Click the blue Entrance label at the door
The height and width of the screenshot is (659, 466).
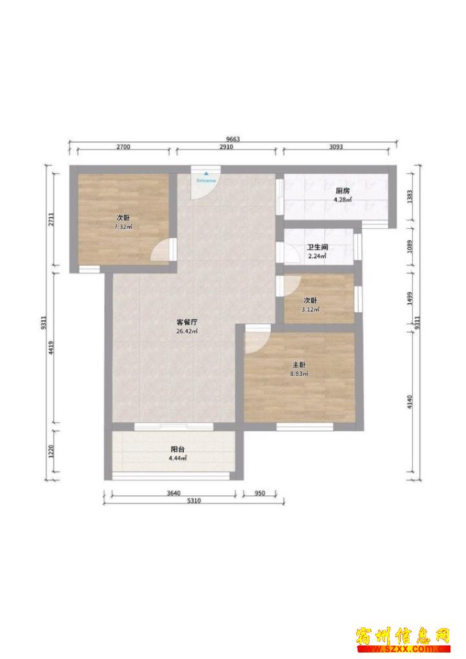coord(206,180)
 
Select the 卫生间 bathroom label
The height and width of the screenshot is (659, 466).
coord(317,247)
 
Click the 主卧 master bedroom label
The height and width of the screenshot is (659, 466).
coord(299,365)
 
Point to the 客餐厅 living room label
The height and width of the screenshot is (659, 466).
coord(187,322)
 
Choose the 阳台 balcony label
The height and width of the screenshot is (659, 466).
coord(177,449)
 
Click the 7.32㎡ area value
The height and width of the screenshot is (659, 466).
coord(124,227)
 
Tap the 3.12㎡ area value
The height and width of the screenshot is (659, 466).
coord(311,310)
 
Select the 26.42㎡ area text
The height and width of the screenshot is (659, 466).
coord(187,331)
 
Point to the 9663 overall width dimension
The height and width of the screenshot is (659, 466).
coord(232,139)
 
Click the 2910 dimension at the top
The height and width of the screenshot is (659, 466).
coord(227,147)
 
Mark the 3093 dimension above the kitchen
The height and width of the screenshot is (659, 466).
coord(336,147)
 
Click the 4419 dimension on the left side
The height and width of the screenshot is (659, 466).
coord(51,348)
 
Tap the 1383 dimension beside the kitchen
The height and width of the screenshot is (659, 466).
coord(410,197)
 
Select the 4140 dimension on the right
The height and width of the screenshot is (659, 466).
coord(410,402)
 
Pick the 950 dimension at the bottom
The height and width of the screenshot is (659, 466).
coord(260,493)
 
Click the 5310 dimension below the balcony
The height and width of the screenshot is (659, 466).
coord(194,501)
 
